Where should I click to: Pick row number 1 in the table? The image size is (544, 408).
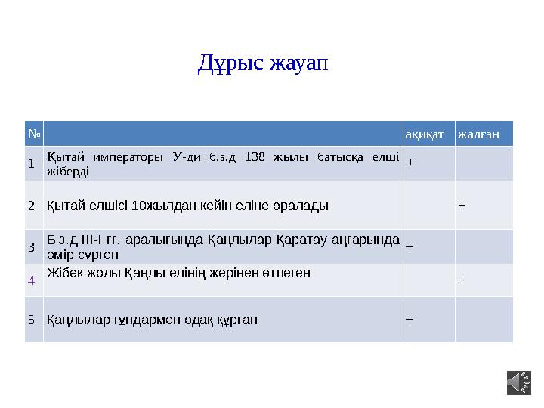[x=32, y=162]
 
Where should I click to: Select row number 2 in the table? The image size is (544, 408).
[x=32, y=205]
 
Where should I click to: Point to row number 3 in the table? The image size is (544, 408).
[x=32, y=246]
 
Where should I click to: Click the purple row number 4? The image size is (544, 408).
[x=32, y=280]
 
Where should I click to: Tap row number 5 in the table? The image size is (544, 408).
[x=32, y=319]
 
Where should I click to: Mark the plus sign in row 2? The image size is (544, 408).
[x=462, y=204]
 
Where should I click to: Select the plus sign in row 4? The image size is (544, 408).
[x=462, y=279]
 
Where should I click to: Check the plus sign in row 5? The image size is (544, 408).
[x=410, y=318]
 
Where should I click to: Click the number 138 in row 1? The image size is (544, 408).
[x=255, y=157]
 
